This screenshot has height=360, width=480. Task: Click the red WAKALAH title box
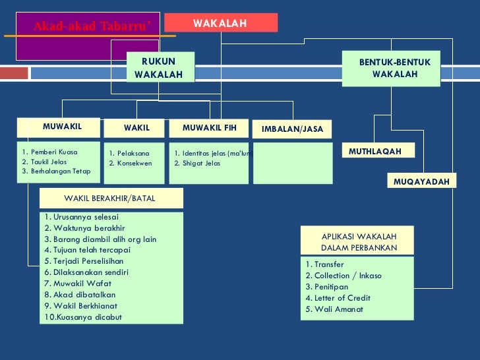[x=220, y=23]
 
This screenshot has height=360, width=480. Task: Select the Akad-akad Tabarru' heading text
[x=92, y=26]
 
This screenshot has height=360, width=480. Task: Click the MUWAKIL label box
[x=61, y=127]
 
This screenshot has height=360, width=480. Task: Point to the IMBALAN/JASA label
[x=292, y=129]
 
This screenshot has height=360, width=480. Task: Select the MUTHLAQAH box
[x=375, y=152]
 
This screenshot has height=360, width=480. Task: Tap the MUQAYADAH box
[x=421, y=181]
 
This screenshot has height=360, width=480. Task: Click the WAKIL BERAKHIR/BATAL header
[x=109, y=198]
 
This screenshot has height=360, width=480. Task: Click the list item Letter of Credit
[x=339, y=298]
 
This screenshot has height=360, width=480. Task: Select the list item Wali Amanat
[x=334, y=309]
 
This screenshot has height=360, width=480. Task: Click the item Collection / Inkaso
[x=344, y=276]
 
